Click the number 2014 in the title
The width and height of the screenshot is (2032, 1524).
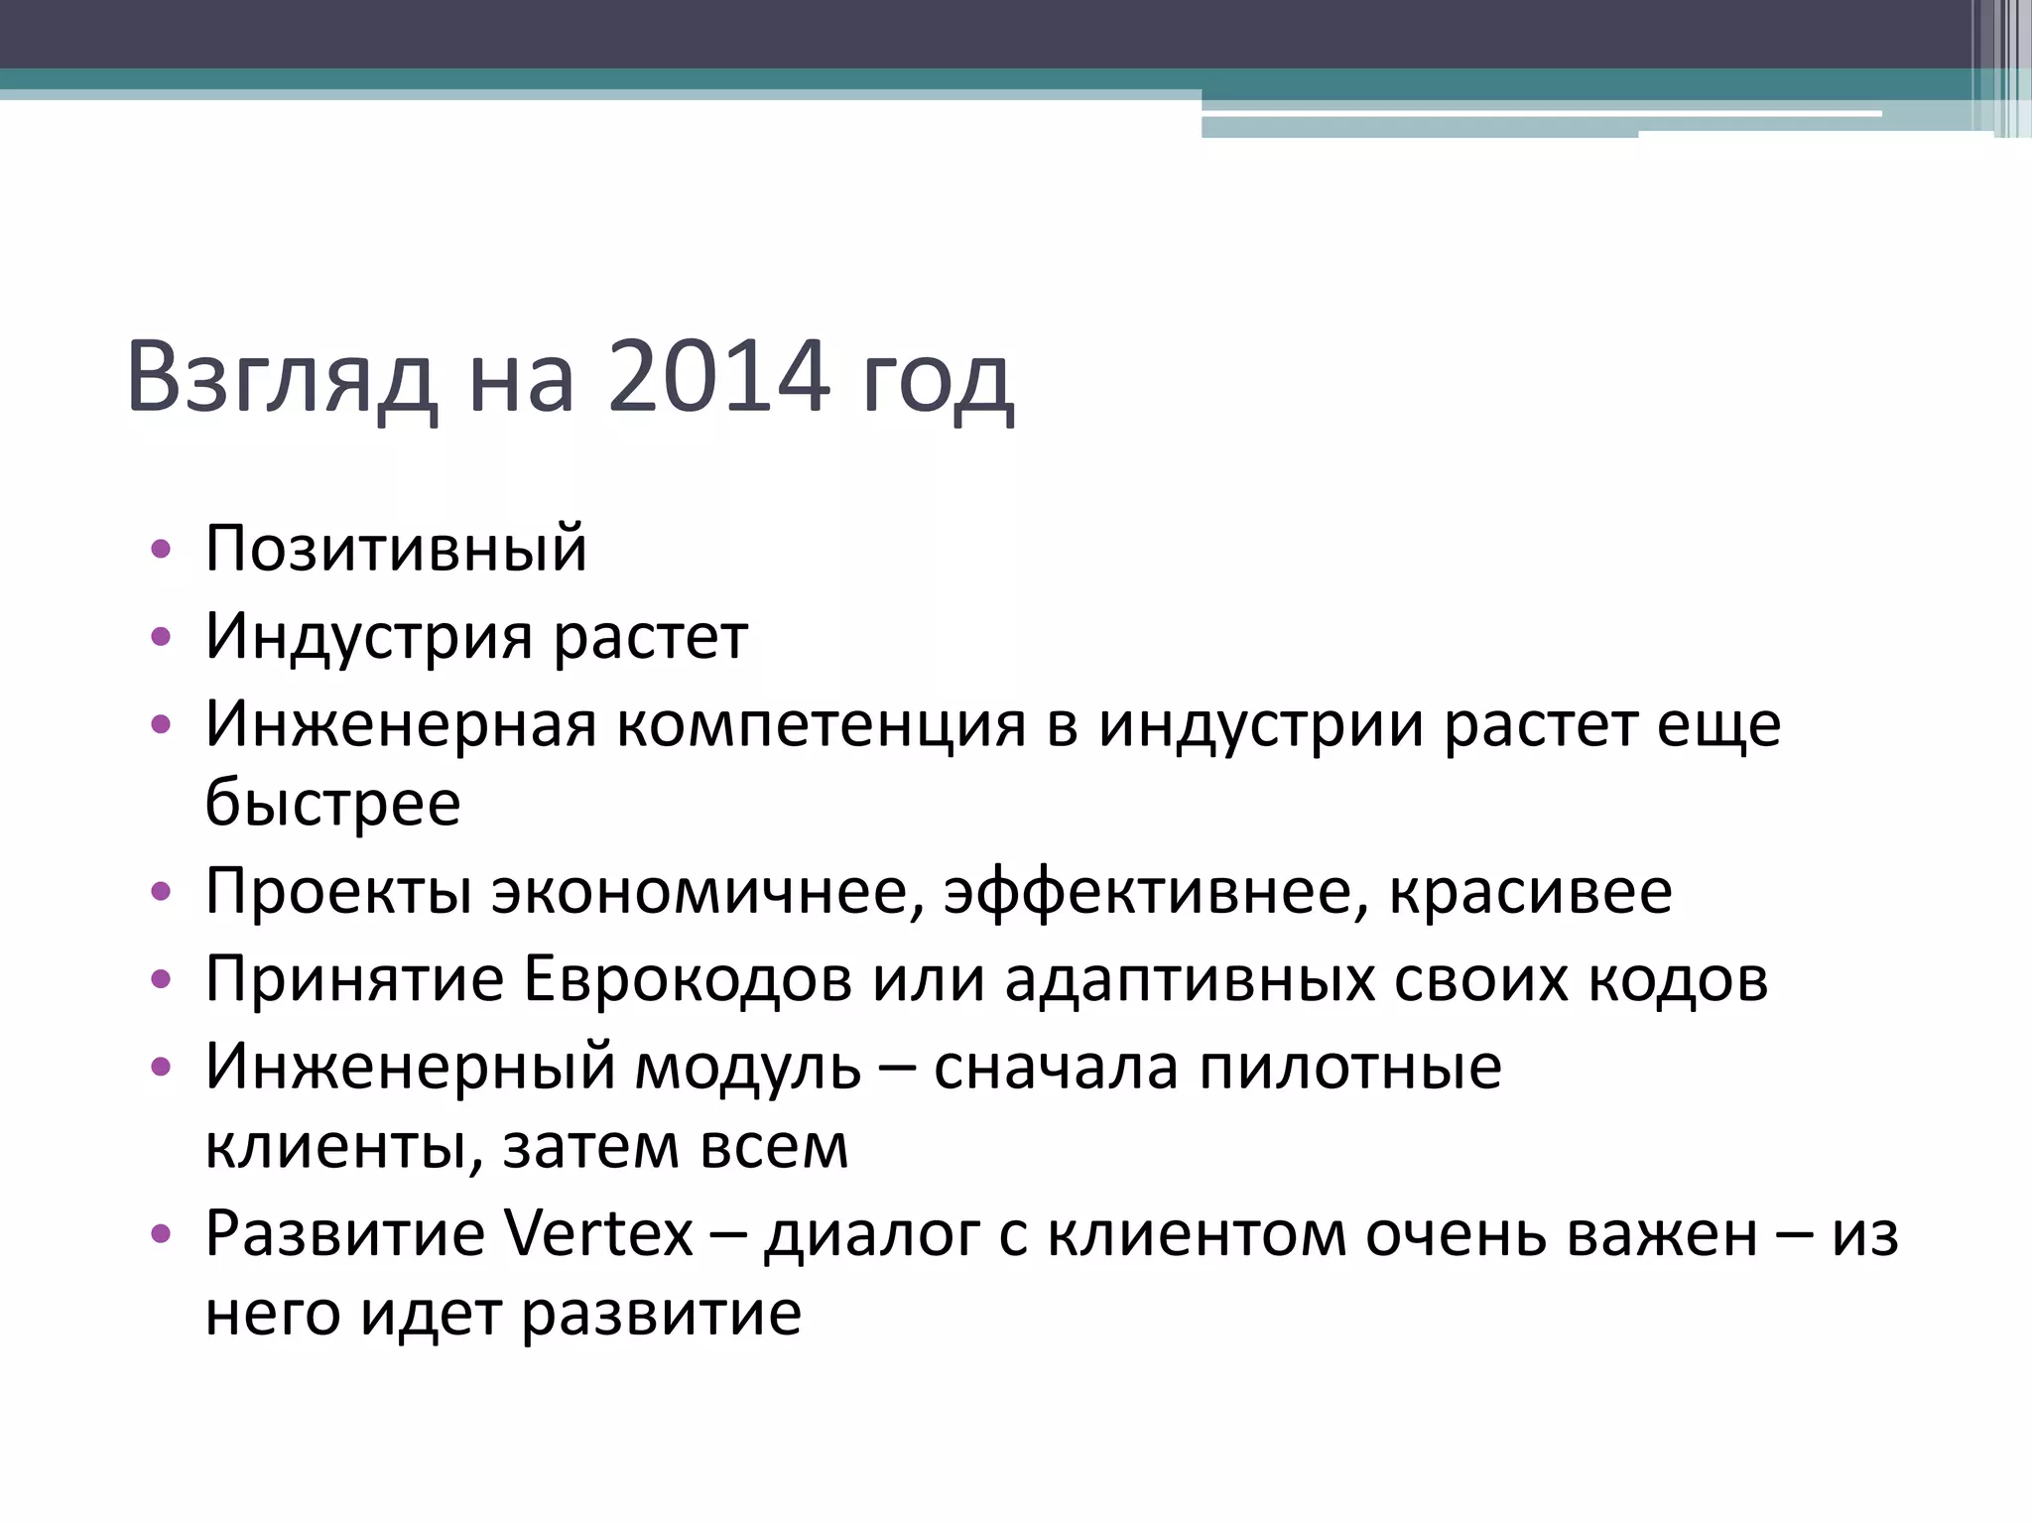pyautogui.click(x=717, y=377)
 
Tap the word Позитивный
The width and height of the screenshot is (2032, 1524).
pyautogui.click(x=396, y=549)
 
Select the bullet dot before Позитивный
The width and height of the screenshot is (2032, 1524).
pyautogui.click(x=162, y=549)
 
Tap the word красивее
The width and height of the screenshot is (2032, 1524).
pyautogui.click(x=1530, y=891)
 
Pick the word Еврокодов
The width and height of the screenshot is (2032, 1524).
pyautogui.click(x=687, y=979)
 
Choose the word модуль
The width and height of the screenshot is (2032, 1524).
pyautogui.click(x=747, y=1068)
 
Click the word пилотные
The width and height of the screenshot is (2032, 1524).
pyautogui.click(x=1350, y=1068)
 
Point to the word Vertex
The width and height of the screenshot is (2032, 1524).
pyautogui.click(x=598, y=1234)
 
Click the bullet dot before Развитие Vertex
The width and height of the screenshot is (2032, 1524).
pyautogui.click(x=162, y=1234)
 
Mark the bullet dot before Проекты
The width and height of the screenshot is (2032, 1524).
pyautogui.click(x=162, y=891)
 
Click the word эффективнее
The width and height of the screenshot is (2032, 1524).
pyautogui.click(x=1148, y=891)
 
